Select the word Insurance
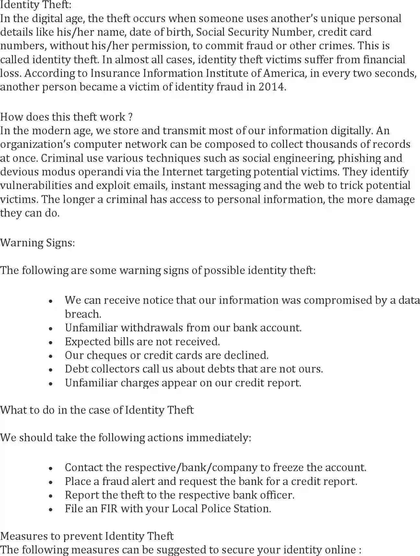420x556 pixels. pos(115,73)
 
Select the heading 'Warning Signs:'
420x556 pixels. pos(38,243)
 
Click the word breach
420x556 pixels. pos(83,314)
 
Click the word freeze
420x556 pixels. pos(288,467)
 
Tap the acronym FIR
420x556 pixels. pos(109,508)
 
